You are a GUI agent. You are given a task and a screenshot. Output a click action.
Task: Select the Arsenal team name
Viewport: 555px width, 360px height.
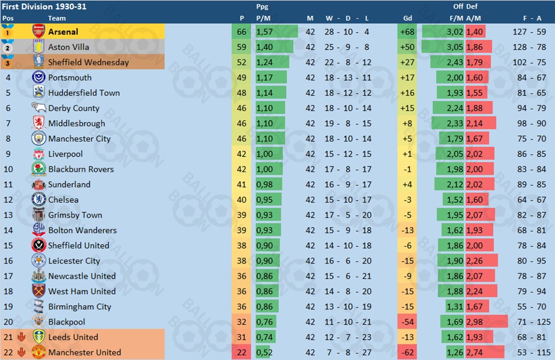click(63, 32)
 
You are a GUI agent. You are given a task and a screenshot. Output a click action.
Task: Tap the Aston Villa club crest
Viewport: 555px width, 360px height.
click(38, 47)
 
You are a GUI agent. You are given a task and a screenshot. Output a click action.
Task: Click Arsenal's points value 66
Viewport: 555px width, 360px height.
click(242, 32)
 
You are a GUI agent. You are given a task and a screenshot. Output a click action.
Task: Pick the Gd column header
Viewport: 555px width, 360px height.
click(407, 18)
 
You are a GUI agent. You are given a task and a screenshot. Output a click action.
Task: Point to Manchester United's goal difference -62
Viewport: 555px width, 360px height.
click(407, 352)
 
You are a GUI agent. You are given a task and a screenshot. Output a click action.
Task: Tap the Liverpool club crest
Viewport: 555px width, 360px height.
click(38, 154)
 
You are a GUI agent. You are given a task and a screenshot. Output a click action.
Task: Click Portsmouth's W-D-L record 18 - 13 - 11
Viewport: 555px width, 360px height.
click(348, 78)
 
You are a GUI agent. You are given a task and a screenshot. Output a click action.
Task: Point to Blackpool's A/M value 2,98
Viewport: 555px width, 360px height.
click(475, 322)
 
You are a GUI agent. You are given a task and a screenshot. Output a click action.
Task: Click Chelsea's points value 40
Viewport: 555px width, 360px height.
click(242, 199)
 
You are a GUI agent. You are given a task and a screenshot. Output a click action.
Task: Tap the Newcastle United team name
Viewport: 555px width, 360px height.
click(82, 276)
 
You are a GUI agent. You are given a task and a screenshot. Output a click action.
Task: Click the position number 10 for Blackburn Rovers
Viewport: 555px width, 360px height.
click(8, 169)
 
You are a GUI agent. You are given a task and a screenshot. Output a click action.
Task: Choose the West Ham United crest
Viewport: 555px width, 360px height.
click(38, 291)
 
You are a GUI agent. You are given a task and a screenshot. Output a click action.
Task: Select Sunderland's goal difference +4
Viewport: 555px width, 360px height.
click(407, 184)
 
